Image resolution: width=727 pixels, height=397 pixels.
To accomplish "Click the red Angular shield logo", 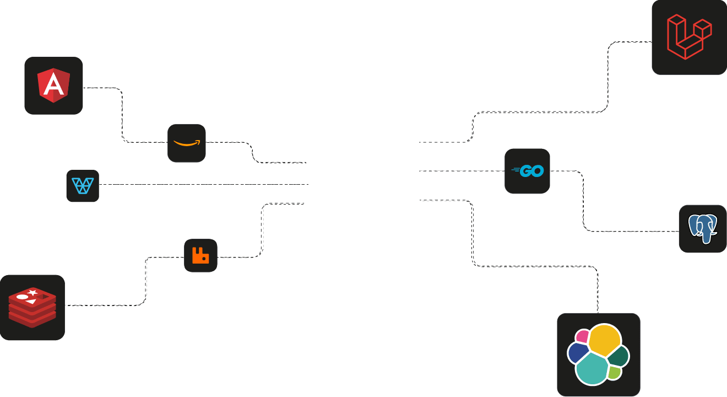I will click(53, 86).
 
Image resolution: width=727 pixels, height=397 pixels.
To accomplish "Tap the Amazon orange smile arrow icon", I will click(187, 143).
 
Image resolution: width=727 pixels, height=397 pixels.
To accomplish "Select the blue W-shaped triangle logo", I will click(83, 186).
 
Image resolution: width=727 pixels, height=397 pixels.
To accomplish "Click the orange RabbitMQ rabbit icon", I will click(200, 255).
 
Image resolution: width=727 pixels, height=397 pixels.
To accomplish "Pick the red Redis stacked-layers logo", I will click(32, 308).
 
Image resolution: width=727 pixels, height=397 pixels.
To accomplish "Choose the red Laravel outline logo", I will click(689, 37).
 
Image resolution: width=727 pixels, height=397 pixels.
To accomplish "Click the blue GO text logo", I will click(528, 171).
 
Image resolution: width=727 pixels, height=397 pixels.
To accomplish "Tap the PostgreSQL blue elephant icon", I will click(703, 229).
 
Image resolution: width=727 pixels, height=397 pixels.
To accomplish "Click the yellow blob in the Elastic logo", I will click(605, 339).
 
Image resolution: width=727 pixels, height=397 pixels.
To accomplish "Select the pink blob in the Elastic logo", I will click(582, 336).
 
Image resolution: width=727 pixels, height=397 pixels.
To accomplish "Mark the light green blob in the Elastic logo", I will click(615, 373).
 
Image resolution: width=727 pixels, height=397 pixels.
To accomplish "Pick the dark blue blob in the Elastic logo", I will click(578, 352).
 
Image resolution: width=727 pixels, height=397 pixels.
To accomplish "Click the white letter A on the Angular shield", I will click(53, 85).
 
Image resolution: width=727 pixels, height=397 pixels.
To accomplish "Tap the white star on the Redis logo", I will click(33, 292).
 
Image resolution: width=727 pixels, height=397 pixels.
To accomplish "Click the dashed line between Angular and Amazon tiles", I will click(122, 116).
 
